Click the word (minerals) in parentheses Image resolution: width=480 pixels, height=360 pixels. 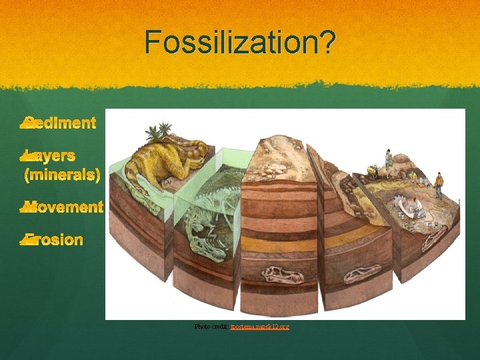tap(62, 175)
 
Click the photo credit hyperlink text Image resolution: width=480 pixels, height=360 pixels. tap(260, 327)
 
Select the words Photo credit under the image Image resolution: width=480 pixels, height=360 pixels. tap(211, 327)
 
